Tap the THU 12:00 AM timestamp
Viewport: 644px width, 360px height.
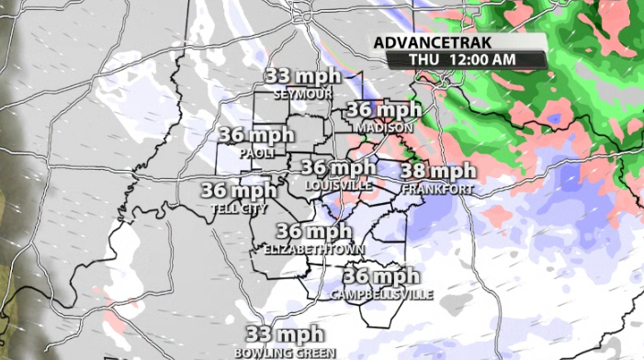[x=465, y=59]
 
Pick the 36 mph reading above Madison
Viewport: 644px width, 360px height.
[x=384, y=110]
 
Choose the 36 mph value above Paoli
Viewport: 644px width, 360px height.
[x=255, y=135]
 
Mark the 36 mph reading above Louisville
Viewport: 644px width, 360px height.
[x=338, y=168]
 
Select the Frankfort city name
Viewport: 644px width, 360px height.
[x=437, y=188]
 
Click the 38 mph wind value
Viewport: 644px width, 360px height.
[x=438, y=172]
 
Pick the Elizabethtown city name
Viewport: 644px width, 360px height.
[x=314, y=249]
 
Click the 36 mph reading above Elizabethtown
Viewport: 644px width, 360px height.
[x=314, y=231]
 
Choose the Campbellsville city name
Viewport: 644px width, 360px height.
[x=379, y=294]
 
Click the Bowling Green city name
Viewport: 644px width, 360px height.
[x=285, y=352]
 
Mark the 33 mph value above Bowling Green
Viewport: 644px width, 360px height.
[x=284, y=334]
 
